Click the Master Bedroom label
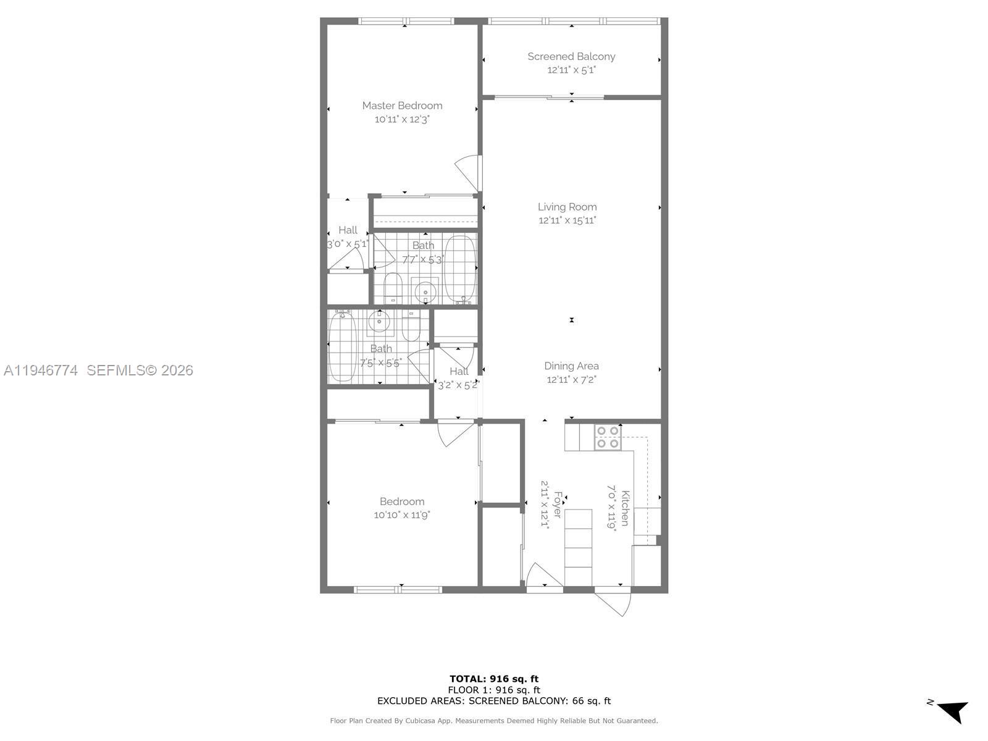(402, 106)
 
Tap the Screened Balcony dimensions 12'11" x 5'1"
(571, 70)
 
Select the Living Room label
(567, 207)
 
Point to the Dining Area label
(571, 366)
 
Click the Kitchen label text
(625, 508)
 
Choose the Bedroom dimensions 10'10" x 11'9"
(402, 514)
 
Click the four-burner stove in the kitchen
(608, 437)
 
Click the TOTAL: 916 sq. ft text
(494, 679)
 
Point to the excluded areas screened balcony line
(494, 701)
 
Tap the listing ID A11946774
(41, 371)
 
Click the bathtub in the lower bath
(343, 347)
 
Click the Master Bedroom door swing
(468, 173)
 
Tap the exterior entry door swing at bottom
(614, 602)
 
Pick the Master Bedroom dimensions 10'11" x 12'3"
(402, 119)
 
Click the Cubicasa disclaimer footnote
(494, 721)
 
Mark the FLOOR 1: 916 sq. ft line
(494, 690)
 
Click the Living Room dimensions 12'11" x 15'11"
(567, 220)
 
